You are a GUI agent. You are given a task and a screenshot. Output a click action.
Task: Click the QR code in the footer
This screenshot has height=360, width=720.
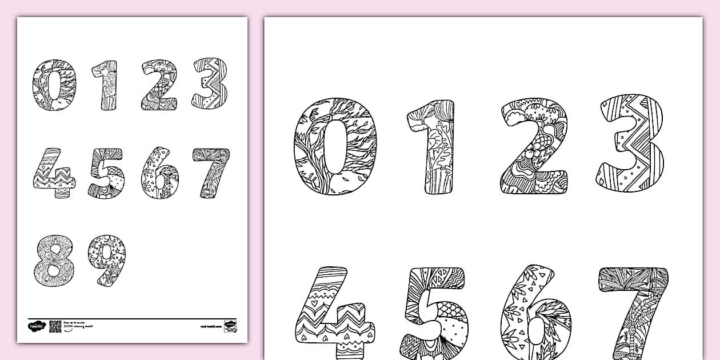[55, 326]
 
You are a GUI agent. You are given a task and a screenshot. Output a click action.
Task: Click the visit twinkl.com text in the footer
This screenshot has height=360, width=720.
[211, 326]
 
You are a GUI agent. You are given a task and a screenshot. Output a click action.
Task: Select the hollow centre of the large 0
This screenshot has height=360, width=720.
[335, 146]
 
